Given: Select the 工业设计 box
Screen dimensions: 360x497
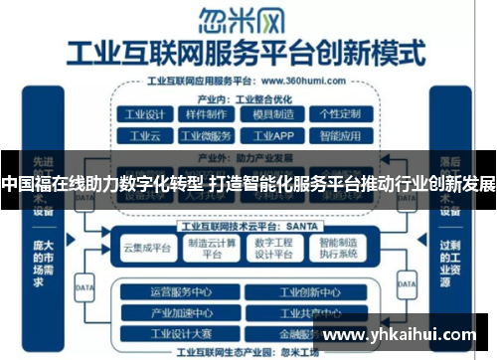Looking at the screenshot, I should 143,115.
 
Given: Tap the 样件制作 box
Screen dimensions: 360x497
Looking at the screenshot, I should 205,115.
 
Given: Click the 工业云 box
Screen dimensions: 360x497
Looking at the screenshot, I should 143,136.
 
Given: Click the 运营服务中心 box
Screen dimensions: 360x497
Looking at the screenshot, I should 181,292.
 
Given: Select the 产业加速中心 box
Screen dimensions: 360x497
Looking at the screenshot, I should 181,313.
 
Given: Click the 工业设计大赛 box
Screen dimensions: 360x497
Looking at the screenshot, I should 181,333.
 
